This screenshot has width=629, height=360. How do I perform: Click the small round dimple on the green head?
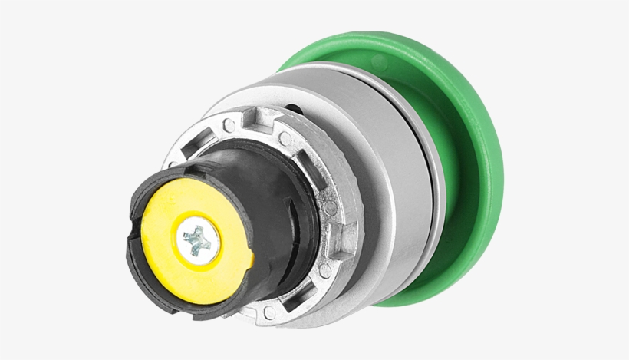tap(379, 61)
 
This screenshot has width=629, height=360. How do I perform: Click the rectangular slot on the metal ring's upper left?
tap(190, 146)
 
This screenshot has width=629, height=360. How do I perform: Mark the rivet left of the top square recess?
tap(228, 124)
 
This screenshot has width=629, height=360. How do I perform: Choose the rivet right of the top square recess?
tap(285, 138)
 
